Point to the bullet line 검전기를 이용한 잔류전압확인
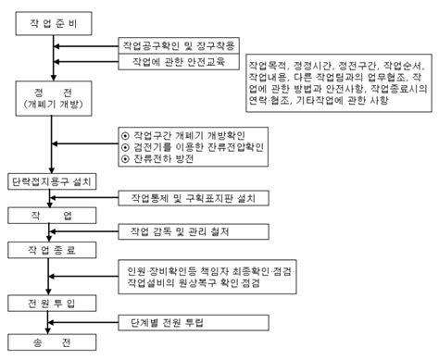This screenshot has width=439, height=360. click(196, 147)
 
